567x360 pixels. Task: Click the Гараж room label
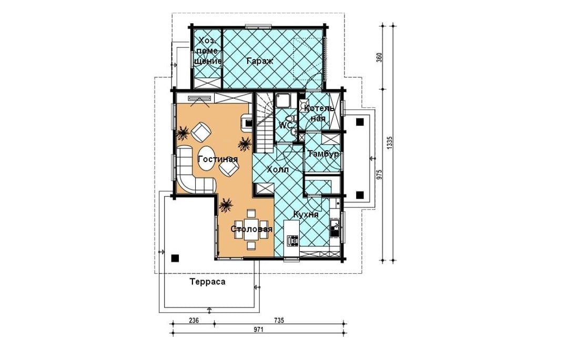[260, 61]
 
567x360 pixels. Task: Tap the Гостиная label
[218, 159]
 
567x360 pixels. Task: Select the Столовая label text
[251, 229]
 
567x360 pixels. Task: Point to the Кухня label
[306, 215]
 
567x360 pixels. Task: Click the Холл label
[278, 169]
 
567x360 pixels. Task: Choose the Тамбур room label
[323, 154]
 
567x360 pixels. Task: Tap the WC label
[285, 126]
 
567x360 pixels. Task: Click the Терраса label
[208, 282]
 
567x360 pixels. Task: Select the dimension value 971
[258, 329]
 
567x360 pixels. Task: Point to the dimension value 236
[194, 320]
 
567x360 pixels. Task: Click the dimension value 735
[279, 320]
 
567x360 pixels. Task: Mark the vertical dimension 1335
[389, 143]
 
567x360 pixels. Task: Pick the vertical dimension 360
[379, 57]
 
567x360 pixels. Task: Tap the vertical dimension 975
[379, 174]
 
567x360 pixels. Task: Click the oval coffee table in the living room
[207, 159]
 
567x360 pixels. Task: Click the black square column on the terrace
[175, 258]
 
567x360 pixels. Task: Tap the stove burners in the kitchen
[292, 239]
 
